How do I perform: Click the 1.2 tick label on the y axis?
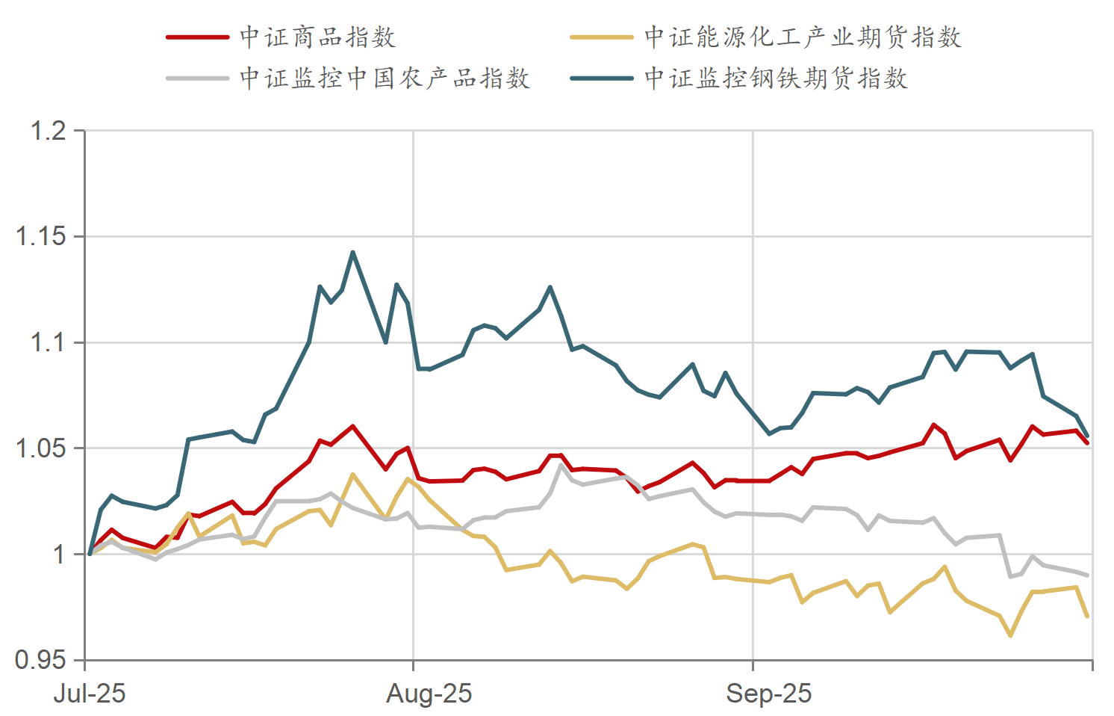[48, 132]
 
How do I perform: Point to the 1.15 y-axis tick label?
[41, 237]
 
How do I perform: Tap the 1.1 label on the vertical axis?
[48, 343]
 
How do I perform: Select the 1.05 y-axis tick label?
[41, 448]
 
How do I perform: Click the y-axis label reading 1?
[59, 555]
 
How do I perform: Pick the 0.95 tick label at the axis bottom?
[41, 660]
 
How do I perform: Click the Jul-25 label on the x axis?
[90, 694]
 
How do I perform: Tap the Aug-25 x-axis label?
[429, 694]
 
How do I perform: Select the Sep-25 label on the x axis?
[769, 694]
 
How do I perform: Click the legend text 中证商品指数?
[317, 37]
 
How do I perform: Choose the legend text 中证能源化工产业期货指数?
[803, 37]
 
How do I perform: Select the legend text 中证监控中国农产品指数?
[385, 78]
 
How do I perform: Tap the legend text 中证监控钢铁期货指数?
[777, 78]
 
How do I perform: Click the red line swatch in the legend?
[197, 37]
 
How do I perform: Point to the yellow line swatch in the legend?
[602, 37]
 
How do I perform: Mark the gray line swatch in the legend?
[197, 78]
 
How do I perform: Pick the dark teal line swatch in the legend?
[602, 78]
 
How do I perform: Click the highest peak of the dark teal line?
[353, 252]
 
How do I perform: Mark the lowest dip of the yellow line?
[1010, 635]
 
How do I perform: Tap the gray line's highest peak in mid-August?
[561, 465]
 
